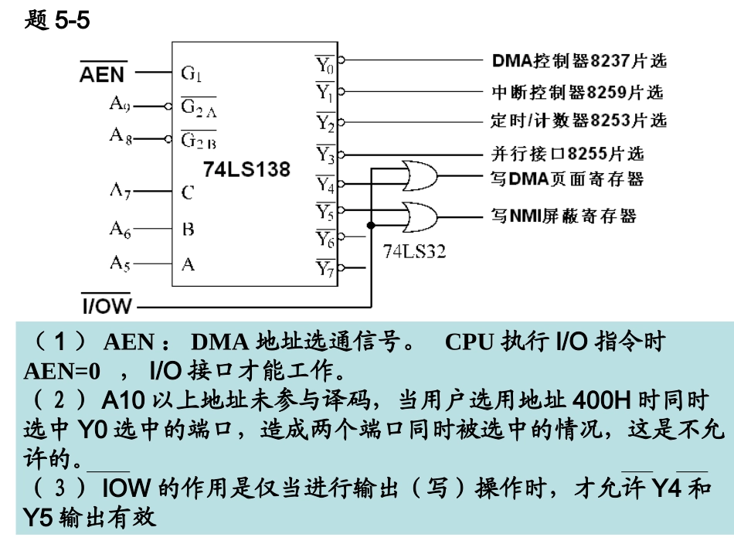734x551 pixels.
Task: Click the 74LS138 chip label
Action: [x=246, y=169]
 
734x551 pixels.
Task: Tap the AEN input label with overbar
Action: [x=103, y=73]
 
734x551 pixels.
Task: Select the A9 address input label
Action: [x=119, y=103]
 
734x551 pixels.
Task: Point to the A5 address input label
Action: [x=120, y=263]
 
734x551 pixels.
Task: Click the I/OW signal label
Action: [x=107, y=304]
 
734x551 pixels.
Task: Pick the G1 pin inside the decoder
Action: [x=192, y=73]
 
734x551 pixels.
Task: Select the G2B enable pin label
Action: [x=199, y=140]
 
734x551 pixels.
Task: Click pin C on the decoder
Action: [x=188, y=192]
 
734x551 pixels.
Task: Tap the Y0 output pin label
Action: [x=325, y=64]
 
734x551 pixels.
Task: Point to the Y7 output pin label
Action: [x=325, y=268]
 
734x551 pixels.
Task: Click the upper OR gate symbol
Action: [x=420, y=175]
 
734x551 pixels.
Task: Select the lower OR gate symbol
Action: [x=420, y=217]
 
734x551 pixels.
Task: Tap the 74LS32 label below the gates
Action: [x=414, y=251]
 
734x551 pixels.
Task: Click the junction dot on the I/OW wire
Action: [x=371, y=226]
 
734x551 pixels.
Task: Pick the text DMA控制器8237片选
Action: [x=579, y=60]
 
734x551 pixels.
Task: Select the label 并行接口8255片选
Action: [x=567, y=154]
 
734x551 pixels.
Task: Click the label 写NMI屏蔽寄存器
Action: [x=563, y=216]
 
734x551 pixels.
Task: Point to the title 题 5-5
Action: [x=57, y=20]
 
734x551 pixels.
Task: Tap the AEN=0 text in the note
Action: [x=62, y=371]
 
